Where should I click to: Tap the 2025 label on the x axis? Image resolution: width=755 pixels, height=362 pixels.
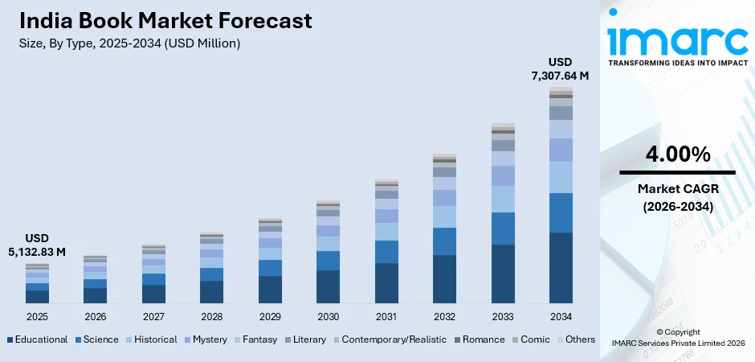(x=37, y=316)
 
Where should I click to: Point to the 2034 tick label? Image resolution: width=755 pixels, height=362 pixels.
(x=561, y=316)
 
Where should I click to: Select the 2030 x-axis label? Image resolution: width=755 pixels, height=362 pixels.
(x=328, y=316)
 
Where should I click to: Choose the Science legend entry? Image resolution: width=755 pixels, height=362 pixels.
(x=96, y=339)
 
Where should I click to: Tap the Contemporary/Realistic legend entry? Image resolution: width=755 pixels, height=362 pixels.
(x=388, y=339)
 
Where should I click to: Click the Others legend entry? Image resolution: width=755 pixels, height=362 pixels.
(x=574, y=339)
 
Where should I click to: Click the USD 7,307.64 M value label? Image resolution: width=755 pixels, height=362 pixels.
(x=560, y=69)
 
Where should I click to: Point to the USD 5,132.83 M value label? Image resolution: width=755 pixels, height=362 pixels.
(x=36, y=245)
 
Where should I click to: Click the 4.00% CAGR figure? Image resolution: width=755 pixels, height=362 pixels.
(x=677, y=154)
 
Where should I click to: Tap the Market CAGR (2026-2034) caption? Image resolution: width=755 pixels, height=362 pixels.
(x=677, y=197)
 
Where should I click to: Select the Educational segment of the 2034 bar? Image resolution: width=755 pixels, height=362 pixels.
(x=561, y=268)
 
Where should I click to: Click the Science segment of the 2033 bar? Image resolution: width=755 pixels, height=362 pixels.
(x=503, y=228)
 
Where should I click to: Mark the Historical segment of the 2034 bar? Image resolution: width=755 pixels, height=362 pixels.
(x=561, y=177)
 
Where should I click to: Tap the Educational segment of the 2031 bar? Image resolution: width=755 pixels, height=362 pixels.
(x=386, y=283)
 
